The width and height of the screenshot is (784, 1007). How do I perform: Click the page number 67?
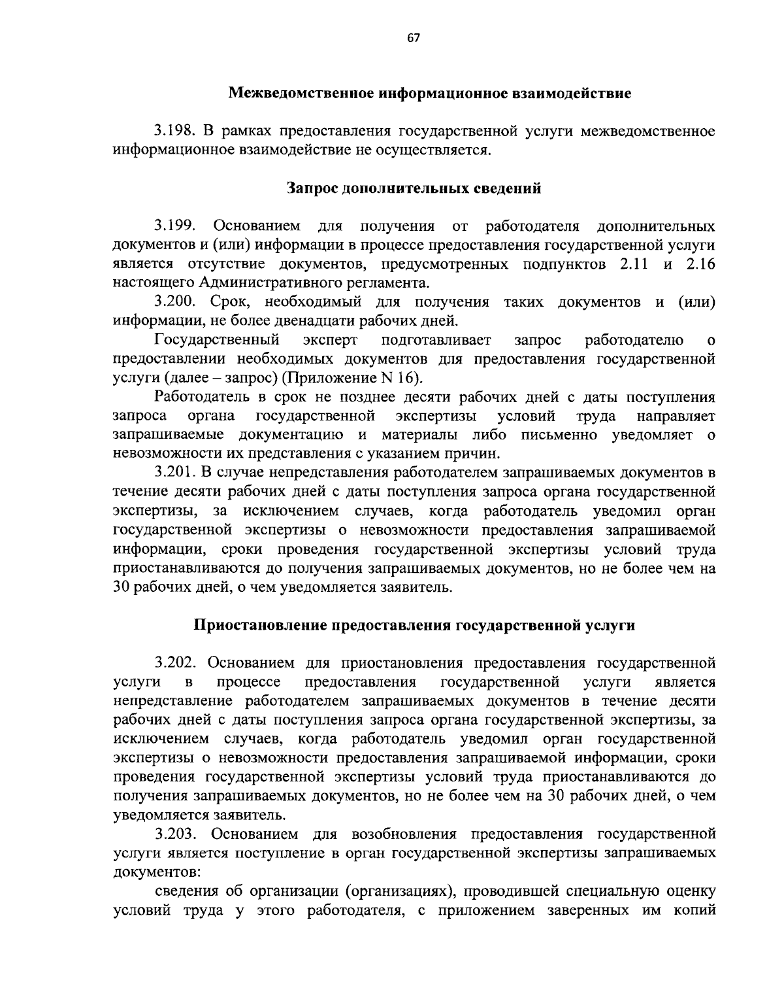click(x=413, y=38)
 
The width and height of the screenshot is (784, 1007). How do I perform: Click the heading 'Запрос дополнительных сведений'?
click(x=414, y=189)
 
